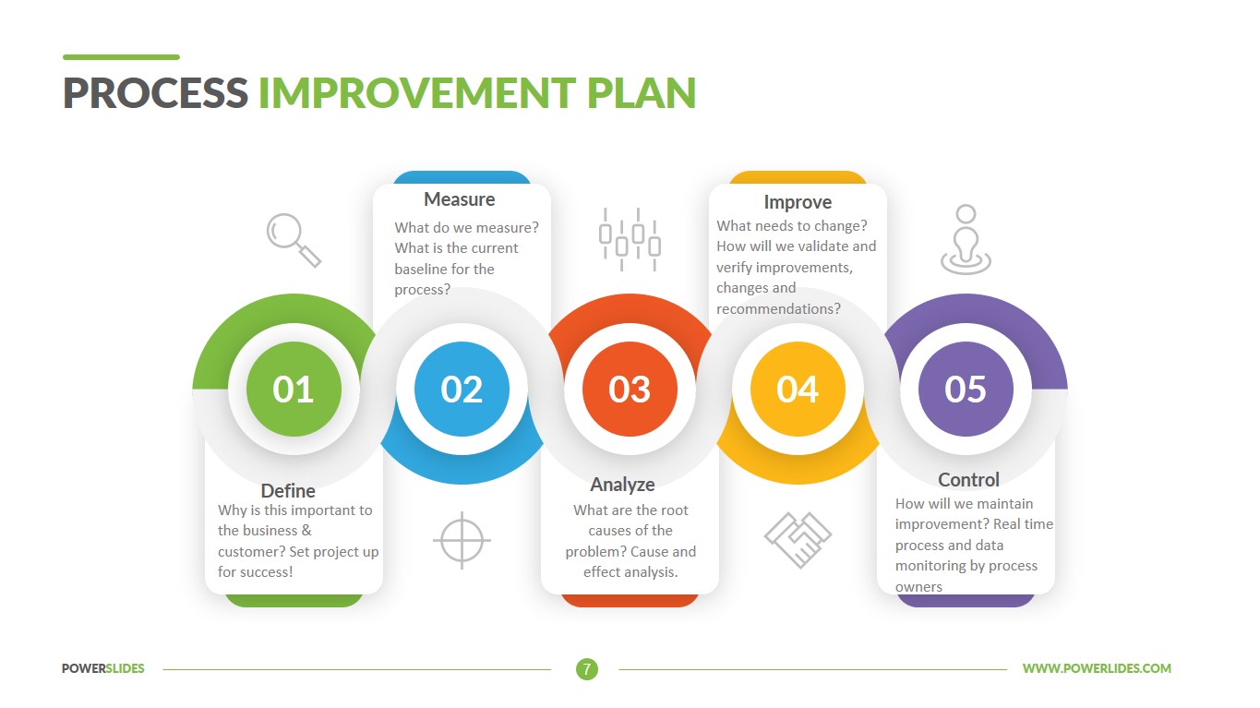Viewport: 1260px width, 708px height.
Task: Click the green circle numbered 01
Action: pyautogui.click(x=294, y=390)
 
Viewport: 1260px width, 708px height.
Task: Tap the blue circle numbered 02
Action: pyautogui.click(x=462, y=390)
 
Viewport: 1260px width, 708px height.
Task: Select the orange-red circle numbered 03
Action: pyautogui.click(x=630, y=390)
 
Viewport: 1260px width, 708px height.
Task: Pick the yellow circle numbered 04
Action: pyautogui.click(x=798, y=390)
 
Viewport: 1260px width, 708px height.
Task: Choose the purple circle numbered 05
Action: pyautogui.click(x=966, y=390)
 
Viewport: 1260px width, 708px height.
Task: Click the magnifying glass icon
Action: pyautogui.click(x=294, y=240)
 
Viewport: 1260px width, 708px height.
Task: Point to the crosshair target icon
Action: pyautogui.click(x=462, y=540)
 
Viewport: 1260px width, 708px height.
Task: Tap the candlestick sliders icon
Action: pyautogui.click(x=630, y=240)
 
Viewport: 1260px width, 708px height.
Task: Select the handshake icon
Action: pyautogui.click(x=798, y=540)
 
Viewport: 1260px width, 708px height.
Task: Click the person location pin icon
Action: pyautogui.click(x=966, y=240)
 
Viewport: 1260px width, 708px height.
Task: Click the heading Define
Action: pyautogui.click(x=288, y=491)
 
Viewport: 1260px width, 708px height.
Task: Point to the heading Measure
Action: pyautogui.click(x=460, y=199)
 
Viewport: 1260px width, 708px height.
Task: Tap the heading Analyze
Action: pyautogui.click(x=623, y=485)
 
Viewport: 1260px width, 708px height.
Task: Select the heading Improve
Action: pyautogui.click(x=798, y=202)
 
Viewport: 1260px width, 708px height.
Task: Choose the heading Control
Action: pyautogui.click(x=968, y=480)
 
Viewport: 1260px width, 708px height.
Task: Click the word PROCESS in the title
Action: pyautogui.click(x=155, y=93)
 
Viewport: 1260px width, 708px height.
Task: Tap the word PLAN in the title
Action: pyautogui.click(x=642, y=93)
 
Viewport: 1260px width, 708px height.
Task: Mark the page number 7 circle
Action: pyautogui.click(x=587, y=669)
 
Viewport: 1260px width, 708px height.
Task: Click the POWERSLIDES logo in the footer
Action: pyautogui.click(x=103, y=668)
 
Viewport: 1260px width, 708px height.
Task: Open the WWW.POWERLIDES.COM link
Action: pyautogui.click(x=1097, y=668)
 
